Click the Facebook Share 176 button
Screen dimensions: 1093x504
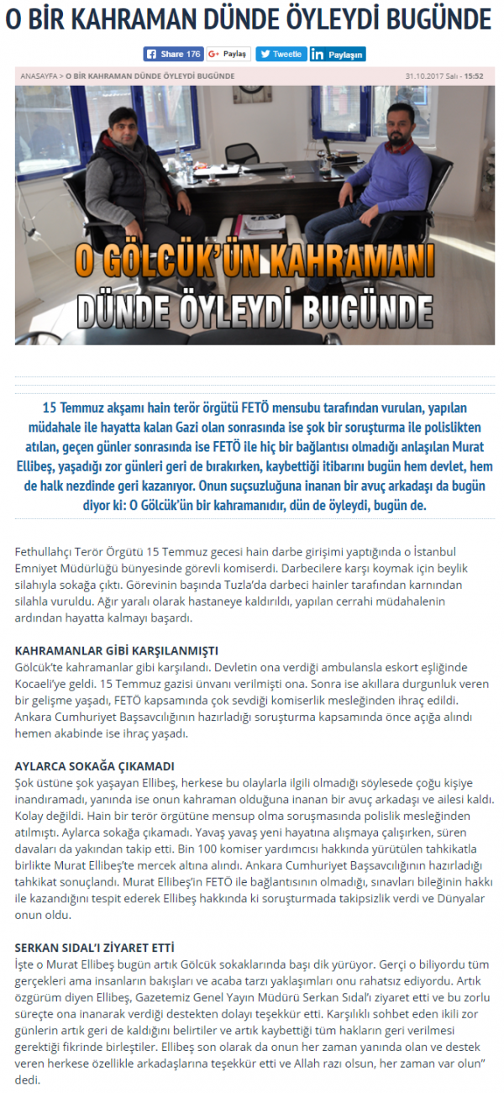(x=174, y=54)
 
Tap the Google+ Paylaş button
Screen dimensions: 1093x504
(x=228, y=54)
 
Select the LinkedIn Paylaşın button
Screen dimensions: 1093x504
(x=338, y=55)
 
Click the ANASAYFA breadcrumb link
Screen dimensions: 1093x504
(x=39, y=76)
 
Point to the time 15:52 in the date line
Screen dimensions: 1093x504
(x=475, y=76)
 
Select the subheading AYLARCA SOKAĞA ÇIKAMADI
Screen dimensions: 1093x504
(x=95, y=766)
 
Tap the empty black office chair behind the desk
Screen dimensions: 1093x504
(x=244, y=155)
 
